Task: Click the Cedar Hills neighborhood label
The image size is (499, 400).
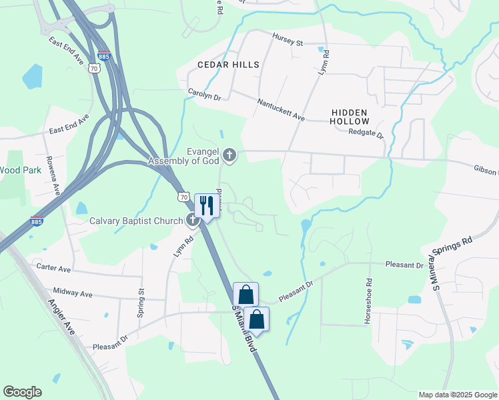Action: pyautogui.click(x=228, y=65)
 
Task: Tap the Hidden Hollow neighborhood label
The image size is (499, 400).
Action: pyautogui.click(x=350, y=117)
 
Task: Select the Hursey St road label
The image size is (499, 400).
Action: pyautogui.click(x=287, y=41)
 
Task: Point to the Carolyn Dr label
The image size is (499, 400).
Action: pyautogui.click(x=204, y=95)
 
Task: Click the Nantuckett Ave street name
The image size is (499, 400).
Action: pyautogui.click(x=281, y=109)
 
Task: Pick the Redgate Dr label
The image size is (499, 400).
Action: pyautogui.click(x=366, y=133)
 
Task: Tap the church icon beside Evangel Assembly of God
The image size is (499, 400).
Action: pyautogui.click(x=229, y=156)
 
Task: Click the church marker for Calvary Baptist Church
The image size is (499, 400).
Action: pyautogui.click(x=193, y=221)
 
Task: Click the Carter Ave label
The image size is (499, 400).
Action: pyautogui.click(x=53, y=268)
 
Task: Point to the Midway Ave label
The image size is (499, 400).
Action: pyautogui.click(x=72, y=293)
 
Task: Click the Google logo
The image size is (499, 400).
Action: pyautogui.click(x=22, y=392)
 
